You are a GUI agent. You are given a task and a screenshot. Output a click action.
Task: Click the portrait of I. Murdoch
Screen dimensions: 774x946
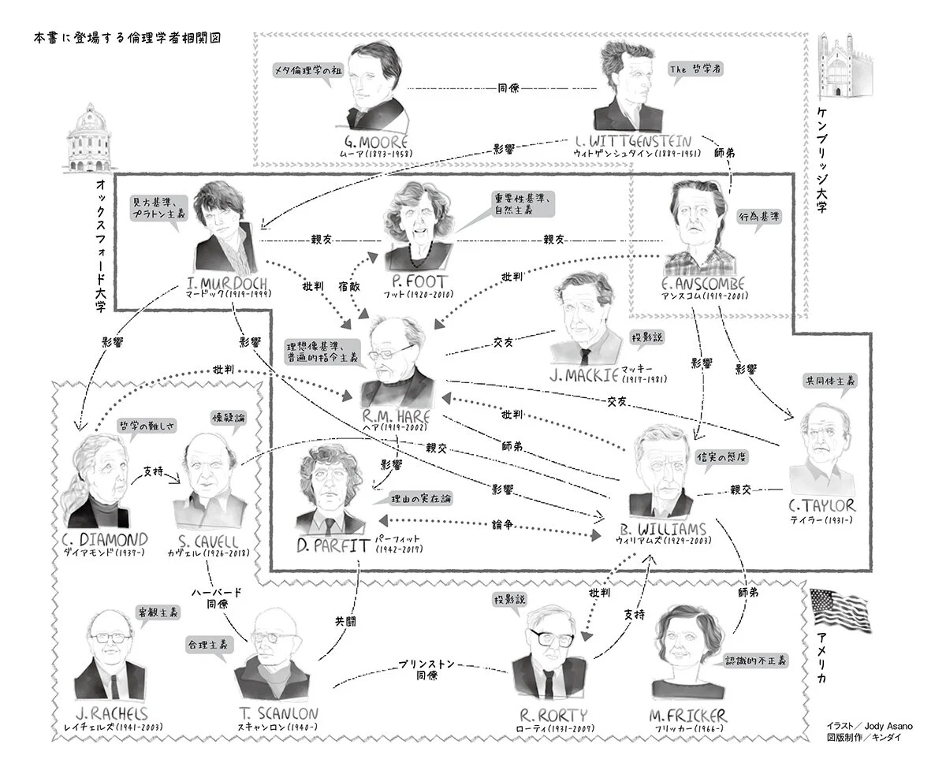(x=224, y=228)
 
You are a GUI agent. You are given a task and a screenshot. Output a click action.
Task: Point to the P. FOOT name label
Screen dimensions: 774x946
(x=418, y=281)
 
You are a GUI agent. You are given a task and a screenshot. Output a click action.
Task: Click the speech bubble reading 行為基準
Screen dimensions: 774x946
(x=760, y=216)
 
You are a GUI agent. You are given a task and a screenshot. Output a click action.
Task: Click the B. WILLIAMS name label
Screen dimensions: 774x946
(x=661, y=529)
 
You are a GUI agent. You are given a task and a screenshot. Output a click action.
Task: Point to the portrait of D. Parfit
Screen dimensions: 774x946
(x=331, y=489)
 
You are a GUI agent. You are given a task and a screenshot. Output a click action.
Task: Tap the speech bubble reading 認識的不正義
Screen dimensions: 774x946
(x=755, y=661)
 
